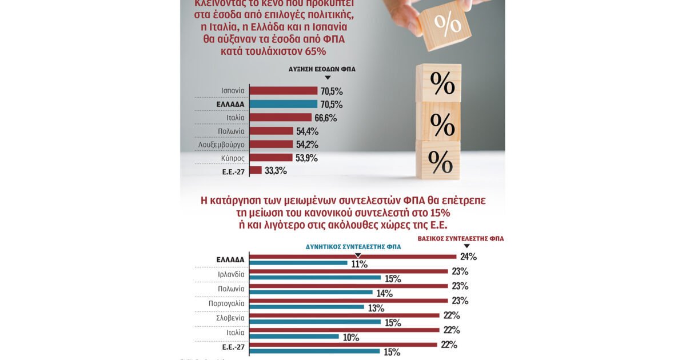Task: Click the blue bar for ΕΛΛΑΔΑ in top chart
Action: pos(284,104)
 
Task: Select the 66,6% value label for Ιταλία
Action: pos(325,118)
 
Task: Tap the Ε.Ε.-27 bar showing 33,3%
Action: pos(256,170)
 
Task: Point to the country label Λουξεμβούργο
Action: pos(221,145)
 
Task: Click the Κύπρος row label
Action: pos(233,158)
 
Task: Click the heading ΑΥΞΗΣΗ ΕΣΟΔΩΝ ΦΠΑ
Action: pos(322,69)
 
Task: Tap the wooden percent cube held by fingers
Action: pos(444,23)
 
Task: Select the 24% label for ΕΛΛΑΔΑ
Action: pos(468,257)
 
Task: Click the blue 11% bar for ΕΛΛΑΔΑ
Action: pos(298,263)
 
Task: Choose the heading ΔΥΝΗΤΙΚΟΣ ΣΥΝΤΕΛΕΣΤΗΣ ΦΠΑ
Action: pos(353,247)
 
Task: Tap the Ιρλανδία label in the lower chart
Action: pos(231,274)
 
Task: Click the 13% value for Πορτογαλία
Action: pos(375,308)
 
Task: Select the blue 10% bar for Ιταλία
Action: pos(296,337)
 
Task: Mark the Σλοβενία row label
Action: pos(230,318)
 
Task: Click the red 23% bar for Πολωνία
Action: pos(349,286)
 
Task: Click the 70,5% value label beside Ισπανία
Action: pos(332,91)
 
